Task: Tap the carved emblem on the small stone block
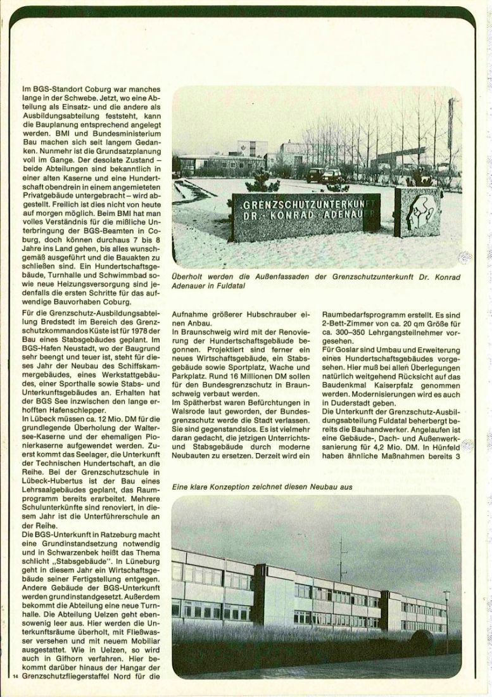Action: click(418, 211)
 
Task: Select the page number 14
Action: click(15, 677)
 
